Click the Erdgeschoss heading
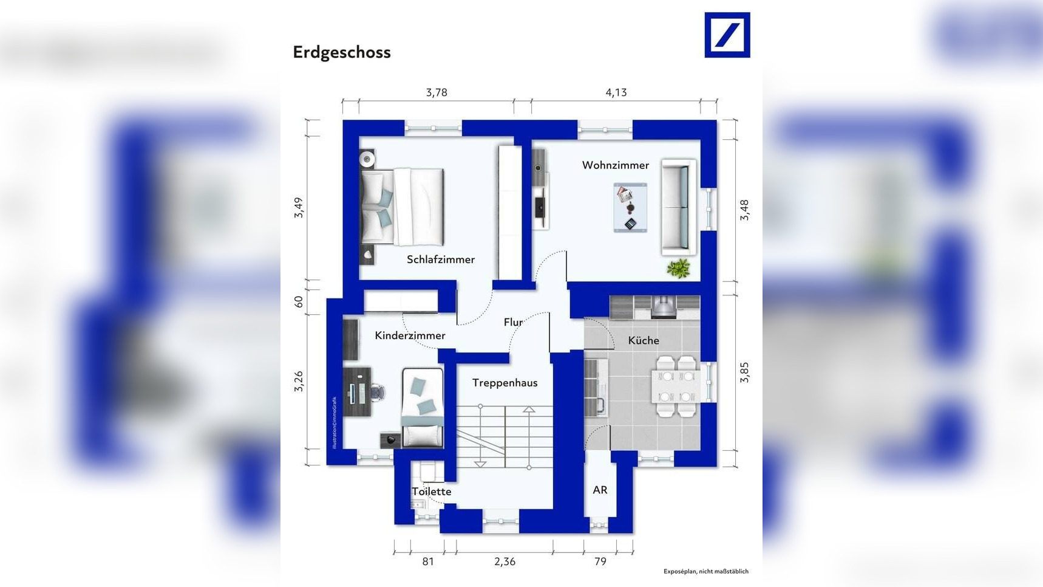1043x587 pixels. [341, 52]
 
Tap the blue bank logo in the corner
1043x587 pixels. [727, 35]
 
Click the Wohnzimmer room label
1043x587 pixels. [615, 165]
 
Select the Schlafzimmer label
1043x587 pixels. [440, 259]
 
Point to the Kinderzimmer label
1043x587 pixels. [410, 335]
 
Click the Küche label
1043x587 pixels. [643, 341]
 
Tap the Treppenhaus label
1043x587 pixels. [505, 383]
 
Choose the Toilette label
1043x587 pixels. [431, 492]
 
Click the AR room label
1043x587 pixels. [600, 490]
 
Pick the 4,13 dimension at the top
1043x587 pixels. [616, 92]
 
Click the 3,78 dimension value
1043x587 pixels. [436, 92]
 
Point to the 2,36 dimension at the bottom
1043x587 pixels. [505, 561]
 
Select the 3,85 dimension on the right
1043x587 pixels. [744, 372]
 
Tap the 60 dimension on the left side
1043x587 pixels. [298, 301]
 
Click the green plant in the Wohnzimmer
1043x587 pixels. [678, 268]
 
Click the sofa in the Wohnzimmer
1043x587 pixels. [678, 207]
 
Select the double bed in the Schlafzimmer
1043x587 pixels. [403, 207]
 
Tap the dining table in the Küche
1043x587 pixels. [676, 386]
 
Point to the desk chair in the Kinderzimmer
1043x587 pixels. [377, 393]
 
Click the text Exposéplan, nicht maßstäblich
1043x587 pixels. [705, 571]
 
